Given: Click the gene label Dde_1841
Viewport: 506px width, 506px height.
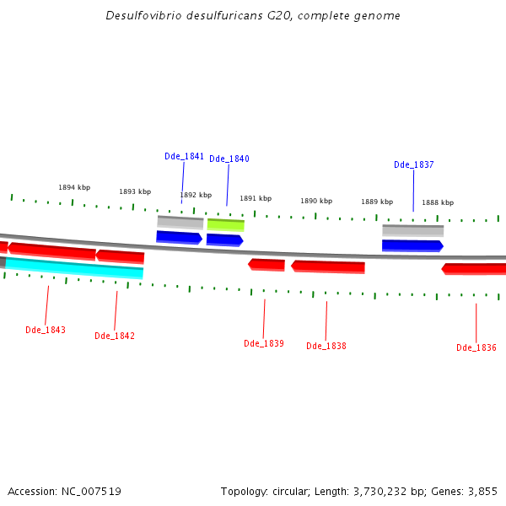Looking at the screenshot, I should point(184,156).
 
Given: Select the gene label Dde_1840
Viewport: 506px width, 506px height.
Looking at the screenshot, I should point(229,159).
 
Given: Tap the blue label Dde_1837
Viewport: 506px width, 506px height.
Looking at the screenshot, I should point(413,164).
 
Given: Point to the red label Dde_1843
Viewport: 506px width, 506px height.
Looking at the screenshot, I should point(45,330).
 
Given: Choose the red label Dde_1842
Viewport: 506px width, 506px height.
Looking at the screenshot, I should point(114,336).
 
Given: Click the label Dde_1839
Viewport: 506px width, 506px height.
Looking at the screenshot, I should point(263,343).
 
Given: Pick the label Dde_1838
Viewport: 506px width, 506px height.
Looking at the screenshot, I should point(326,346).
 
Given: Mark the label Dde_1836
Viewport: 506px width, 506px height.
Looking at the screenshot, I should point(476,347).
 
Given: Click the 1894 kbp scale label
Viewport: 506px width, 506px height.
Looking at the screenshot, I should point(74,187).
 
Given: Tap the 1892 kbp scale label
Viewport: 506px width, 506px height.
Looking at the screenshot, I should point(196,195).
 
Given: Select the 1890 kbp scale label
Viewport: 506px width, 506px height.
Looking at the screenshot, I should point(316,201).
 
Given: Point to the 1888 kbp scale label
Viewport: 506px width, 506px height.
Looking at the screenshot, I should point(438,202).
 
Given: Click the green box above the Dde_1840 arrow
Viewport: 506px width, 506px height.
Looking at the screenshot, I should point(225,225).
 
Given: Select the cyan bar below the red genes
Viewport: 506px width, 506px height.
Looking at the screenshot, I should point(74,268).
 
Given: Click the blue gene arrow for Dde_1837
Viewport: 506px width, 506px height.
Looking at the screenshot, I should point(412,245).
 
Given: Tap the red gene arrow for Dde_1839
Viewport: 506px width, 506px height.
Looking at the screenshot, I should point(266,265).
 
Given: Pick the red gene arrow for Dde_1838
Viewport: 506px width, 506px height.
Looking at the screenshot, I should point(328,266).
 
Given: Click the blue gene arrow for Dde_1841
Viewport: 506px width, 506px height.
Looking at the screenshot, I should point(179,237).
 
